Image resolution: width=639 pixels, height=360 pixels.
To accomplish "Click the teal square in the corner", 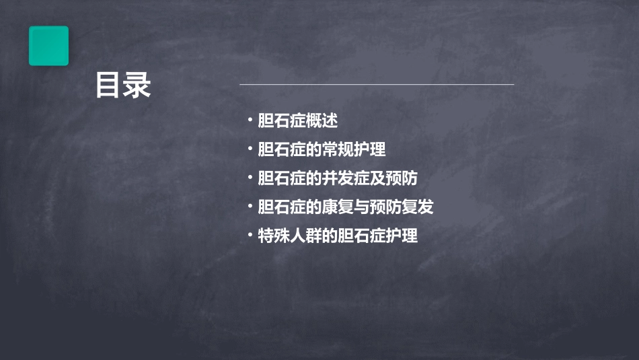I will tap(48, 46).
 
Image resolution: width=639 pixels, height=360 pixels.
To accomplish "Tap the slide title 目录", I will tap(123, 85).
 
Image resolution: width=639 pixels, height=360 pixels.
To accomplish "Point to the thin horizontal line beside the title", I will tap(377, 84).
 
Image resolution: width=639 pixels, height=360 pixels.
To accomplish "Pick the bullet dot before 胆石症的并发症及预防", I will tap(250, 178).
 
